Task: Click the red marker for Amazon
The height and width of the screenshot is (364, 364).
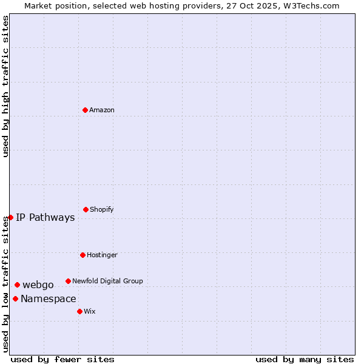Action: click(85, 110)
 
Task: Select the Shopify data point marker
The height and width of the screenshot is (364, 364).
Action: click(86, 209)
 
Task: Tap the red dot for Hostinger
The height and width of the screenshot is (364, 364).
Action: click(83, 255)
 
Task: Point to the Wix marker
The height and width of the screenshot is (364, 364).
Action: click(79, 311)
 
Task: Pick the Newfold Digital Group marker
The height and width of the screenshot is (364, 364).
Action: click(68, 281)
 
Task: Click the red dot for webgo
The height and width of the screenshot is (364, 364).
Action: click(17, 285)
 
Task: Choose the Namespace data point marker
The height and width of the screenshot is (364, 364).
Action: click(15, 298)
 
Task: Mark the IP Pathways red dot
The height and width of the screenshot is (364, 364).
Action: click(10, 217)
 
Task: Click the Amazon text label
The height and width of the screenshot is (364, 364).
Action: click(102, 110)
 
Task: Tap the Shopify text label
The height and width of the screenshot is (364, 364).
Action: click(102, 209)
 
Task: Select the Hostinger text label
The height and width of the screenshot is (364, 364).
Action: click(102, 255)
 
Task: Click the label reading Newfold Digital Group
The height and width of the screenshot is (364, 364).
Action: click(107, 281)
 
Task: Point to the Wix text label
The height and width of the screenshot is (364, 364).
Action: click(90, 311)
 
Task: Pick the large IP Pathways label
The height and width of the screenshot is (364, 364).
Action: click(45, 217)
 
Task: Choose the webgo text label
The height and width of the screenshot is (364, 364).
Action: click(38, 285)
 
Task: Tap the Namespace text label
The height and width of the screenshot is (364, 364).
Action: click(49, 298)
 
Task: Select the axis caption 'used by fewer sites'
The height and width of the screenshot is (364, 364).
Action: click(62, 359)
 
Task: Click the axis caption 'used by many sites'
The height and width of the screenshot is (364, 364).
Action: click(305, 359)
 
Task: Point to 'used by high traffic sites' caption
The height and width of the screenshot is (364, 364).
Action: click(5, 86)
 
